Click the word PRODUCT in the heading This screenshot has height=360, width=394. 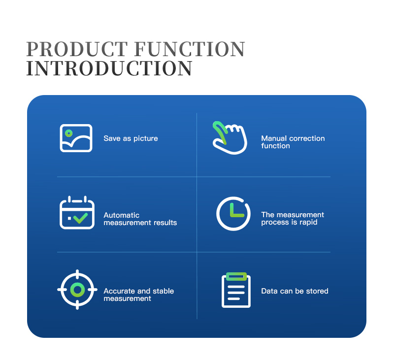[x=77, y=49]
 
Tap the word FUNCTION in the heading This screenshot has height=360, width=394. [x=190, y=49]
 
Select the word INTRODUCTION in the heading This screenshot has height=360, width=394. [x=109, y=68]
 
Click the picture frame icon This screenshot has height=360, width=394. [x=76, y=138]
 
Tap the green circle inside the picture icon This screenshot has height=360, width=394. [x=68, y=133]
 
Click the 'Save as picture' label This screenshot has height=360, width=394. [x=131, y=138]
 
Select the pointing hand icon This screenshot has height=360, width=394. [x=230, y=138]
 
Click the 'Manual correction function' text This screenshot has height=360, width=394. [x=293, y=142]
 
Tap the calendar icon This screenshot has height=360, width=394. [x=77, y=213]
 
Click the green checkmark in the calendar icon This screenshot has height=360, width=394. [x=80, y=218]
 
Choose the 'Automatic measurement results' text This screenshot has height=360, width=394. [x=140, y=219]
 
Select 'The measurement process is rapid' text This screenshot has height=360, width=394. [x=293, y=218]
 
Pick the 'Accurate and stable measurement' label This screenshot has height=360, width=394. [x=139, y=295]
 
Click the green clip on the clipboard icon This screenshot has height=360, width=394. [x=236, y=277]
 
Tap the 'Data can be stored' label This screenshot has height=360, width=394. [x=295, y=291]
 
